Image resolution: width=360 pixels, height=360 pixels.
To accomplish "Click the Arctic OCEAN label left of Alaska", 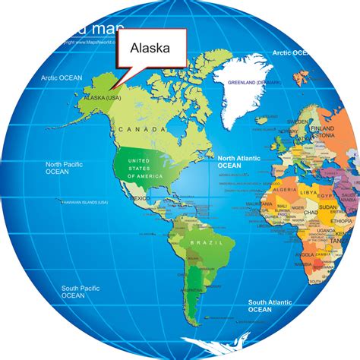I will (61, 77).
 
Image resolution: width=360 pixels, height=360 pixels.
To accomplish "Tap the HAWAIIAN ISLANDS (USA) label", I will (84, 203).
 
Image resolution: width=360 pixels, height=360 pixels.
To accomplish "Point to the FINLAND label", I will (329, 129).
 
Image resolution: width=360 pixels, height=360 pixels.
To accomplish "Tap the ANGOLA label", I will (306, 254).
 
